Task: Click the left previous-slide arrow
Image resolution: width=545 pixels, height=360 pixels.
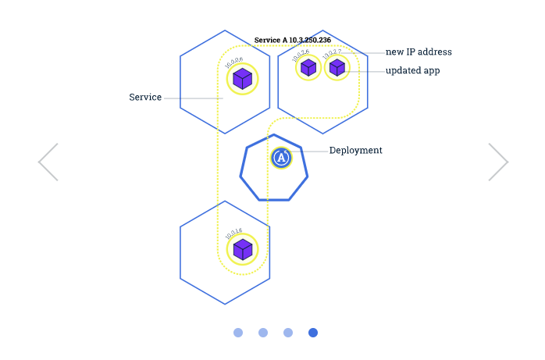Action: click(48, 162)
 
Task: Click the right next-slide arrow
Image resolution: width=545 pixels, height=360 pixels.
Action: click(498, 162)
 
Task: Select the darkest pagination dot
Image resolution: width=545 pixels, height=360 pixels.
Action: click(313, 333)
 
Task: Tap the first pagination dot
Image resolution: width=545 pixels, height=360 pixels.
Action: click(238, 333)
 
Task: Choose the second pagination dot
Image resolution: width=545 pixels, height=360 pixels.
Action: click(263, 333)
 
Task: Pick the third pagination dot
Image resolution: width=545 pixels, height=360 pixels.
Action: click(288, 333)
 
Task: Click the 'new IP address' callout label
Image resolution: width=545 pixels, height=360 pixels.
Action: click(419, 52)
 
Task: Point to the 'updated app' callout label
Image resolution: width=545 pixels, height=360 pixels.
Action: click(413, 70)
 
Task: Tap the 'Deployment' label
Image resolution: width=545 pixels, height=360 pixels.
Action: click(355, 150)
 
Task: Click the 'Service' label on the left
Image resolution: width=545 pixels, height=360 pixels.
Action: click(145, 98)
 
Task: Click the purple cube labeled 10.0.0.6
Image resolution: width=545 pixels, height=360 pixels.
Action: click(243, 78)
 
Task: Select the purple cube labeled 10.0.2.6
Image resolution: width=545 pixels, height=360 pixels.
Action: click(308, 68)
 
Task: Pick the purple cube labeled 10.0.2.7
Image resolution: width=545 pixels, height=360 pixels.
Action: click(337, 68)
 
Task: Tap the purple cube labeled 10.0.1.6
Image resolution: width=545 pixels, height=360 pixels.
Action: click(243, 249)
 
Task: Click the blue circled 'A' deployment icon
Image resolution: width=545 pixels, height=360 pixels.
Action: click(281, 158)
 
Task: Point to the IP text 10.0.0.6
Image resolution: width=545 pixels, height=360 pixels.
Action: click(233, 60)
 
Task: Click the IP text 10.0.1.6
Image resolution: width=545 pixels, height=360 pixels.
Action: click(233, 231)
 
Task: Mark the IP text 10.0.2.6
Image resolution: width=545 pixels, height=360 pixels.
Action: click(301, 54)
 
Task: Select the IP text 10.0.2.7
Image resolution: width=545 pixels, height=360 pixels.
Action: click(332, 54)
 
